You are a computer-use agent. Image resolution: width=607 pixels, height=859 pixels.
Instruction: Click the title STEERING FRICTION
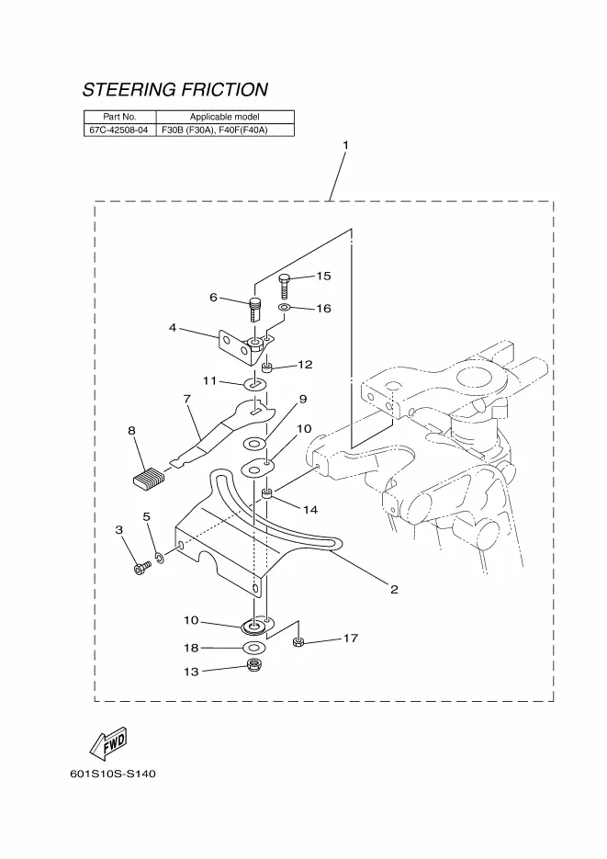click(175, 90)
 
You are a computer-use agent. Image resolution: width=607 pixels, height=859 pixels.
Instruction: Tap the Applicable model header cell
click(224, 117)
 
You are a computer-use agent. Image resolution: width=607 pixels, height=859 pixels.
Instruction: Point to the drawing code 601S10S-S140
click(112, 774)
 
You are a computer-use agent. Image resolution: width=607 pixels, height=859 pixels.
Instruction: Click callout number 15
click(323, 276)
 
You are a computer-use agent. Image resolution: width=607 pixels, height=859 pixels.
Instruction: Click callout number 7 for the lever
click(186, 399)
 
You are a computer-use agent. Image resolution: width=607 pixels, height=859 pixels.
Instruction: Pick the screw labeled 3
click(140, 570)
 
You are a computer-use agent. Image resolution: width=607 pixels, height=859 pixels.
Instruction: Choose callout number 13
click(191, 672)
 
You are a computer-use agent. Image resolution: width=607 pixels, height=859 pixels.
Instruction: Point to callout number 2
click(394, 589)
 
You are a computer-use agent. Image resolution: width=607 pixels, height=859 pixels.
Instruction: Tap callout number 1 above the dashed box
click(345, 146)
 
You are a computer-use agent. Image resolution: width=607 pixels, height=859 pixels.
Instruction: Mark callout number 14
click(311, 509)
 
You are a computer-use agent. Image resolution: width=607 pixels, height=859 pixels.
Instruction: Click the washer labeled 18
click(251, 648)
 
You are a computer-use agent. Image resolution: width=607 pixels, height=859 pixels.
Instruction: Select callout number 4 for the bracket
click(173, 327)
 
